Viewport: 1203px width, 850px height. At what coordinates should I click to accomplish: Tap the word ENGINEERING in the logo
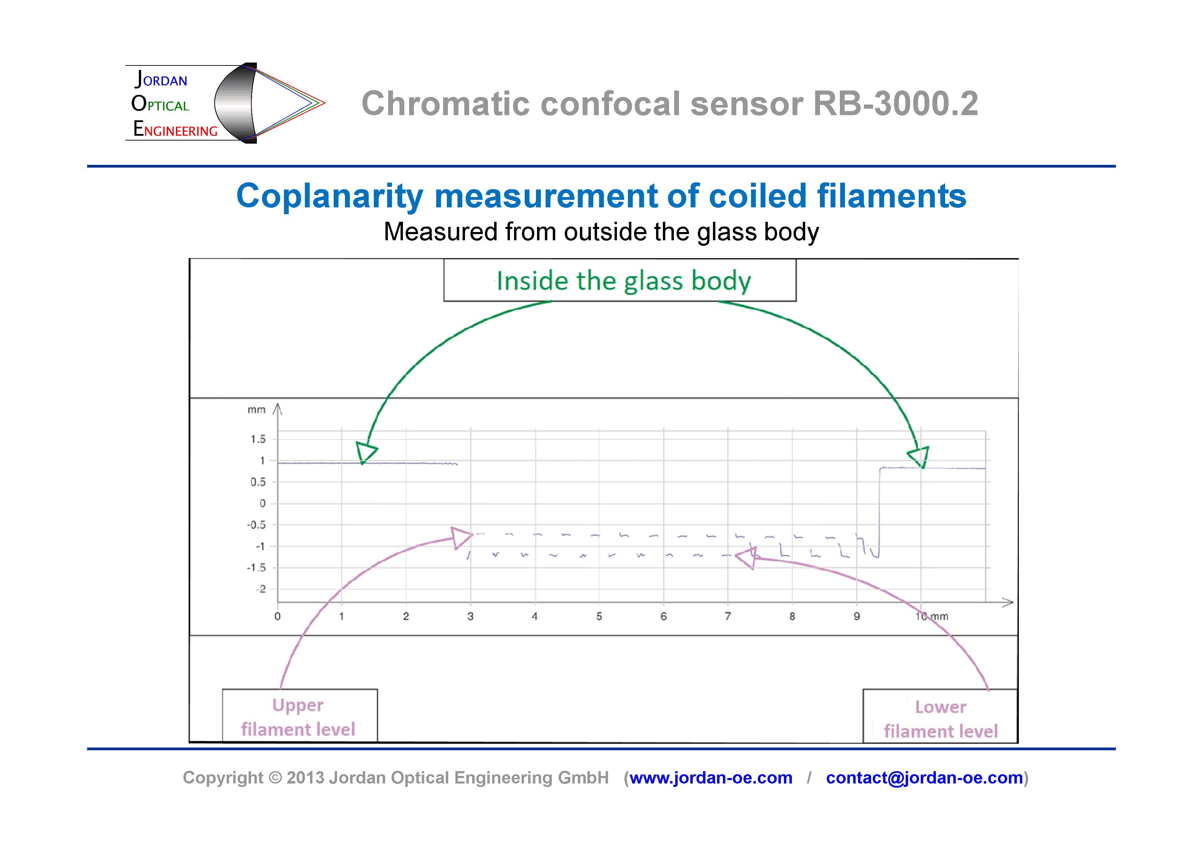pos(176,129)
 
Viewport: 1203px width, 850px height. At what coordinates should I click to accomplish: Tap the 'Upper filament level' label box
pos(299,716)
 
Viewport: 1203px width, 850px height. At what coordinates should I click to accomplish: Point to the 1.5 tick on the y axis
pos(258,439)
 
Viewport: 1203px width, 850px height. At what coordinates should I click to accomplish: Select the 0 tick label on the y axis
pos(262,503)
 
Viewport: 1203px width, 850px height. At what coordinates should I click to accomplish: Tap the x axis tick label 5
pos(599,616)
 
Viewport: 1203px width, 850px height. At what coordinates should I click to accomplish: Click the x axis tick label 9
pos(857,616)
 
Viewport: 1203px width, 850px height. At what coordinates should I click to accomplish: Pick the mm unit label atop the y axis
pos(256,410)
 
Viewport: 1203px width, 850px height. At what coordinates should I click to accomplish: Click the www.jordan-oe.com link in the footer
pos(711,778)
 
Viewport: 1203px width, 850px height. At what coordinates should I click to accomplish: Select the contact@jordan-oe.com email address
pos(924,778)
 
